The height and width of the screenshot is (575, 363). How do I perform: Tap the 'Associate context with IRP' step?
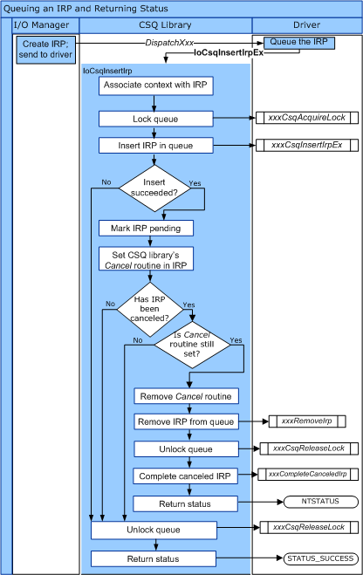[146, 87]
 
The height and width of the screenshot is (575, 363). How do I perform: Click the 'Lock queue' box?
[146, 118]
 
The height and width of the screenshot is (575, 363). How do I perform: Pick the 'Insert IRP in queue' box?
[146, 145]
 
